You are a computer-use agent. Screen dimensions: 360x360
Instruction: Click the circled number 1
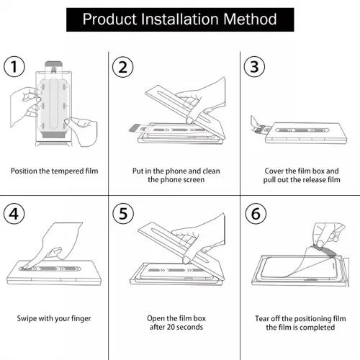coord(14,66)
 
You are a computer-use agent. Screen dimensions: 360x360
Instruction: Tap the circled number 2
coord(123,67)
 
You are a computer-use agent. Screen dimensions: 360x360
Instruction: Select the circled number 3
coord(254,66)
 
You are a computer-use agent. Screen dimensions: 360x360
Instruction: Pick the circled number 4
coord(14,214)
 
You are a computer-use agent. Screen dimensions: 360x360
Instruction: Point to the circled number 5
coord(123,214)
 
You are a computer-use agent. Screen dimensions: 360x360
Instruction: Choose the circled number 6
coord(256,214)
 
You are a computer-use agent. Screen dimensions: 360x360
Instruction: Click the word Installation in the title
coord(179,19)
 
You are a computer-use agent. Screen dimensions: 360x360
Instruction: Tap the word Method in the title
coord(250,19)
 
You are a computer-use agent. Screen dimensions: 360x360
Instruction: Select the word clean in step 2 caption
coord(211,171)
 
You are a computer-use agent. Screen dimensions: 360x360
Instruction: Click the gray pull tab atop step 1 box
coord(54,64)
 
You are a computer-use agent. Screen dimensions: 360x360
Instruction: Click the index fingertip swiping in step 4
coord(26,266)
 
